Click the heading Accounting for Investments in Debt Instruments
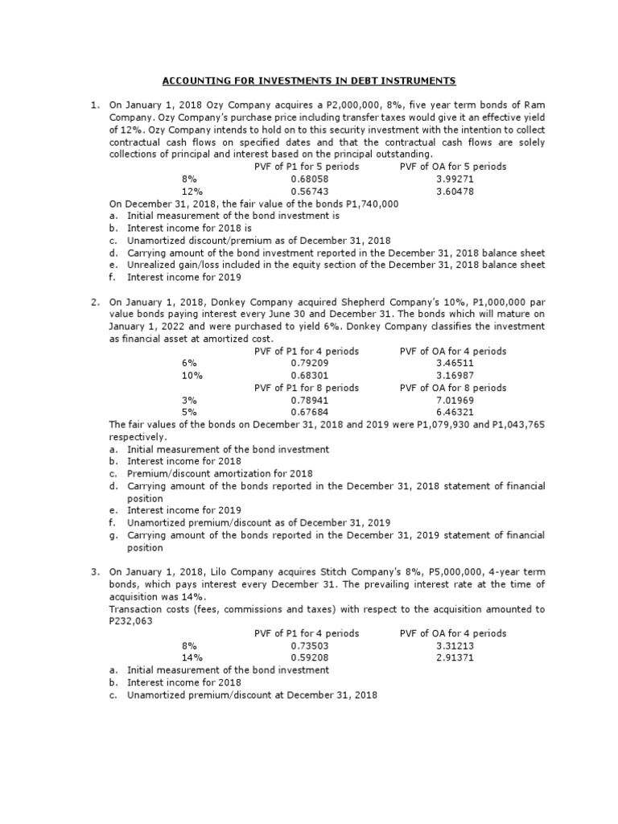point(310,81)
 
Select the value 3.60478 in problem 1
point(452,192)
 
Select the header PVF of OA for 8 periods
point(452,387)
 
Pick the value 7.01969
point(452,400)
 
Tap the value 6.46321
point(452,412)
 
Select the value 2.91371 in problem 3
point(452,657)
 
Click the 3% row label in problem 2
point(189,400)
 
